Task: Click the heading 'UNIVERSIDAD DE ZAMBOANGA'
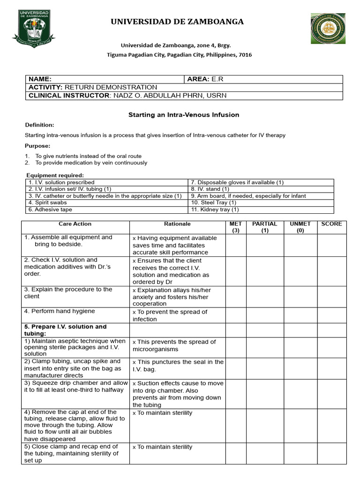[177, 22]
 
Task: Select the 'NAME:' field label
[40, 79]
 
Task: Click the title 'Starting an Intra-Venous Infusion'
[184, 115]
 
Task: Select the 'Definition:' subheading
[39, 125]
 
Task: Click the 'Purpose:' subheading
[37, 146]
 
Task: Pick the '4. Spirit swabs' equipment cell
[47, 202]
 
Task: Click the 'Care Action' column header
[75, 224]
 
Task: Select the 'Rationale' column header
[177, 224]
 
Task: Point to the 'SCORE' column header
[331, 224]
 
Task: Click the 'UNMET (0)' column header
[300, 227]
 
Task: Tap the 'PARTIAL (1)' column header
[264, 227]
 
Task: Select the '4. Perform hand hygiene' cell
[59, 311]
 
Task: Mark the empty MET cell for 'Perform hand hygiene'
[235, 315]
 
